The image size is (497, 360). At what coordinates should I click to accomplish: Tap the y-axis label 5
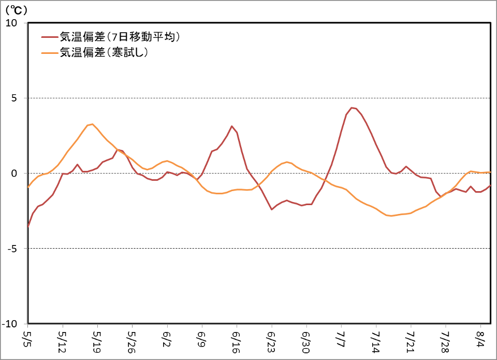coord(15,98)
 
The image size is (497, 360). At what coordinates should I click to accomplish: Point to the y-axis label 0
coord(15,174)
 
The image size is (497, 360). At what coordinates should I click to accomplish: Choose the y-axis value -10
coord(11,324)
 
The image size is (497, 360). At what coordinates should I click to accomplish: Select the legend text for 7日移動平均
coord(120,37)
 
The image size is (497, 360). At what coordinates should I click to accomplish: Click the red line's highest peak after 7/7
coord(352,108)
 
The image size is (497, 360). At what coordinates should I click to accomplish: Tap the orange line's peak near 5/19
coord(92,124)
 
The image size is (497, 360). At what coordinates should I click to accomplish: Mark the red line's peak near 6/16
coord(232,126)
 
